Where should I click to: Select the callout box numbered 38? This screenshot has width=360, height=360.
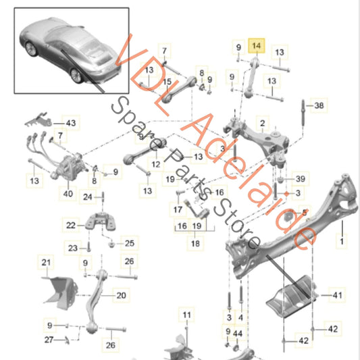point(319,105)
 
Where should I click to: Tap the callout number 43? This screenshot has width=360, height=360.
point(71,123)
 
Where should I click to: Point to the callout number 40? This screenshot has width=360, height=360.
point(68,194)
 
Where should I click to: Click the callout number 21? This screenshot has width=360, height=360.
point(46,261)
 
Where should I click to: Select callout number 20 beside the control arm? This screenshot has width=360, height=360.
point(121,295)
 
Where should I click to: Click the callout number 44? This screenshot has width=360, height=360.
point(237,334)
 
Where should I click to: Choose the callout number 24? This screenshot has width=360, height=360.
point(87,197)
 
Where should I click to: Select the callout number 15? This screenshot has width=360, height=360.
point(166,82)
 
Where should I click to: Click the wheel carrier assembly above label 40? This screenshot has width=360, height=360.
point(68,168)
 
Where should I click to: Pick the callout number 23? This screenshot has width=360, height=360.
point(72,247)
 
